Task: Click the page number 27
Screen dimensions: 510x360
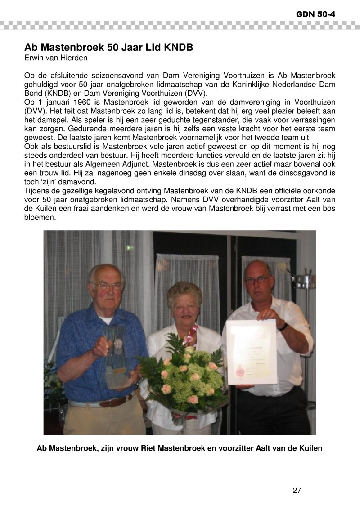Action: [297, 490]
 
